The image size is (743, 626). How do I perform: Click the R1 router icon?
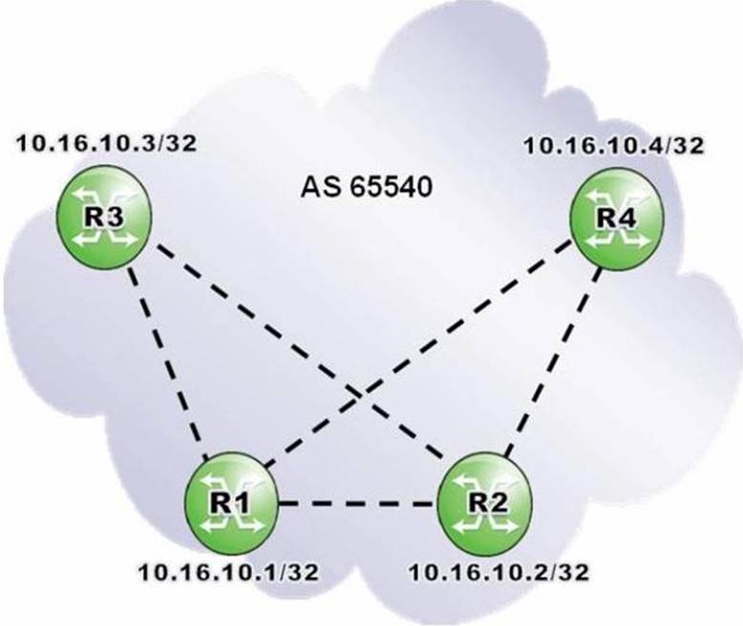pos(231,503)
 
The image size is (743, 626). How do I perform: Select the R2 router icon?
pos(485,503)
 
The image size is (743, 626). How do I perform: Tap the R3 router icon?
pos(104,217)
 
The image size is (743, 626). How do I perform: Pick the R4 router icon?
pos(616,219)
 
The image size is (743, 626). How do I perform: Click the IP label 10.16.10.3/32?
pos(107,143)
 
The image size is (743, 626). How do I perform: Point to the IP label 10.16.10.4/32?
pos(614,145)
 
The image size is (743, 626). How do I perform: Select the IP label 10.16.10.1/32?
pos(228,573)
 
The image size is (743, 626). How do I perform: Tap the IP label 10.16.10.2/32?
pos(499,573)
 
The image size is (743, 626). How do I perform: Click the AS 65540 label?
pos(367,188)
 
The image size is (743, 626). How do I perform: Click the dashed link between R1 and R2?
pos(358,503)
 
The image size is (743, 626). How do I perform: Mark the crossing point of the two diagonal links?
pos(361,392)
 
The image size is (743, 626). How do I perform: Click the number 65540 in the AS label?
pos(392,188)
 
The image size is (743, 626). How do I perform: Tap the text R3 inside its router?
pos(104,218)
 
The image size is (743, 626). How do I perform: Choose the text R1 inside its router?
pos(229,503)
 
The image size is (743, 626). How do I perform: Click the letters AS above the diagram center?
pos(319,188)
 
